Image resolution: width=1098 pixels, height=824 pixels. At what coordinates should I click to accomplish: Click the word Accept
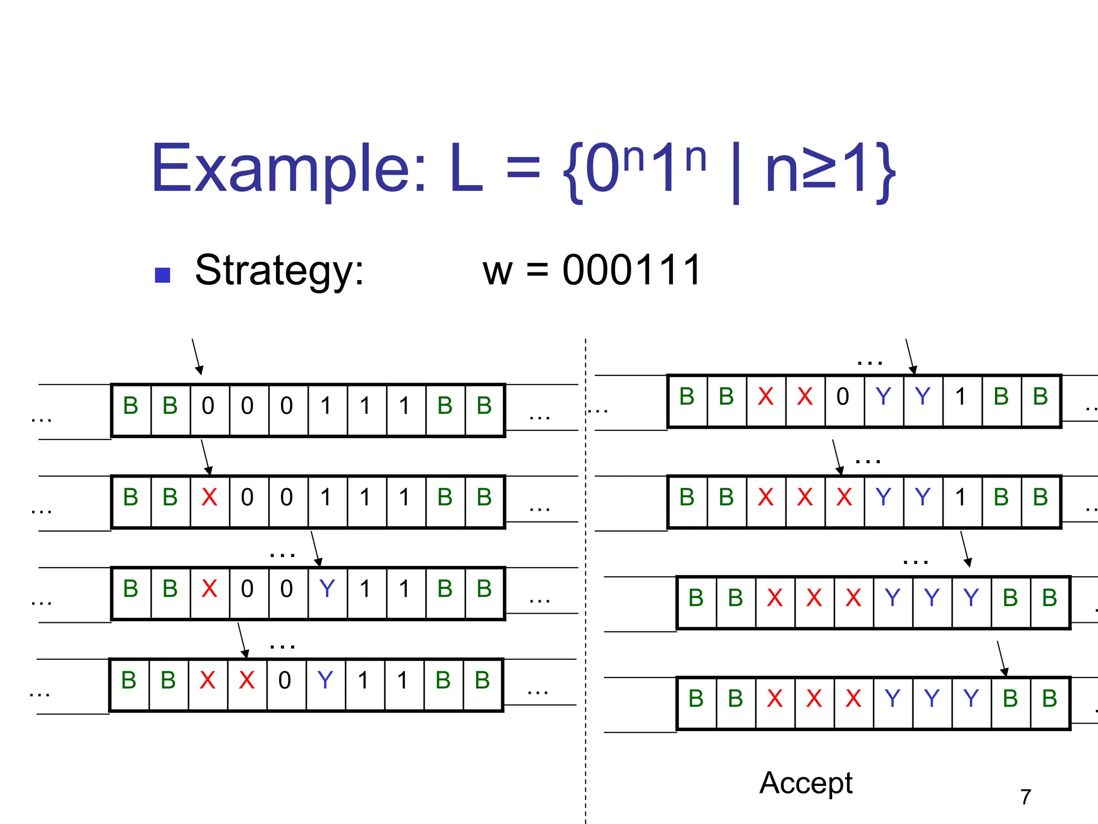805,783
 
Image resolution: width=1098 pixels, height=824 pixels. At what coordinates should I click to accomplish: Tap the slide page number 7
1025,797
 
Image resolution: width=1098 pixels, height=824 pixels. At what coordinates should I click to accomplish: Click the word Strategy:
279,270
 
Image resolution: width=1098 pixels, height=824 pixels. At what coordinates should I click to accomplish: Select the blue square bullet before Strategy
162,275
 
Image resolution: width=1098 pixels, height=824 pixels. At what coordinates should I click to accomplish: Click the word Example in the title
288,168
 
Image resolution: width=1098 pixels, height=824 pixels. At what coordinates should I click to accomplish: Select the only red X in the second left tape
209,498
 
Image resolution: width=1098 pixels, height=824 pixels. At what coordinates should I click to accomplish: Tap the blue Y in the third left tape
327,589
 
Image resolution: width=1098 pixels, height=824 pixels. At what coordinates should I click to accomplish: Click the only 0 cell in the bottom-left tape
285,681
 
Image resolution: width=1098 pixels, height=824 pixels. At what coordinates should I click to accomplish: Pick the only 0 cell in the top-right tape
843,397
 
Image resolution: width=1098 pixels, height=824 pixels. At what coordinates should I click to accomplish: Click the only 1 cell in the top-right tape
961,397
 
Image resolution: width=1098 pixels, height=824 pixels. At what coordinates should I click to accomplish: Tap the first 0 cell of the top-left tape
208,406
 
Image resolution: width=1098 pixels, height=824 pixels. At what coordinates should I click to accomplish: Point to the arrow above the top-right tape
910,356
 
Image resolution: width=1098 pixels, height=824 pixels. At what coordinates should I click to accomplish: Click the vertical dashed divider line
585,590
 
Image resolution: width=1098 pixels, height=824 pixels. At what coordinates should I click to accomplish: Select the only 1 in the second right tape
961,498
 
